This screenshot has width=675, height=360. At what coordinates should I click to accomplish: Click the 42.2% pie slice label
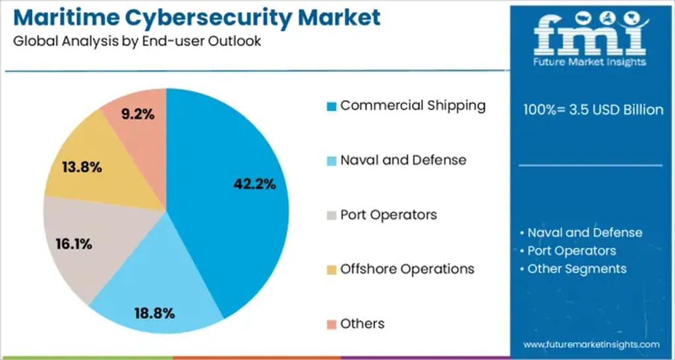(x=254, y=185)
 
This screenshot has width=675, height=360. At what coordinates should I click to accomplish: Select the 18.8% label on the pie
(x=155, y=313)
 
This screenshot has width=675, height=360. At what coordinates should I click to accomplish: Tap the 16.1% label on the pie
(x=73, y=244)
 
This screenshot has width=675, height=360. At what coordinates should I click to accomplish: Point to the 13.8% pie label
(x=82, y=167)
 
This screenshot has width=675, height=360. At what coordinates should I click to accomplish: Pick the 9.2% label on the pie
(x=138, y=114)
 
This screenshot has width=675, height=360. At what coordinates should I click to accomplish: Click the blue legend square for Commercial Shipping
(x=332, y=106)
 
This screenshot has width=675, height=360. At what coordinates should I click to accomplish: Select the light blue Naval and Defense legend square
(x=332, y=161)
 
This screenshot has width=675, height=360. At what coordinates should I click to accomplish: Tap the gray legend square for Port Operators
(x=332, y=216)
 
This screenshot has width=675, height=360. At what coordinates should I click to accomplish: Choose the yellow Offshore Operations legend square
(x=332, y=270)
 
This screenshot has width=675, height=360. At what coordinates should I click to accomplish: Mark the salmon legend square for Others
(x=332, y=324)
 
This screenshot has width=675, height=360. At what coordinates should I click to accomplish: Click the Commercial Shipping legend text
(x=413, y=105)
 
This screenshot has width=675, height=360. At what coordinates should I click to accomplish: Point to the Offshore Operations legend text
(x=407, y=269)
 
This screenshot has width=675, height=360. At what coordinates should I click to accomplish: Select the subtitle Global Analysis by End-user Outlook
(x=136, y=41)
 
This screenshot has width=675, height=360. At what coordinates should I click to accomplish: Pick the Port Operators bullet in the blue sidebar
(x=568, y=251)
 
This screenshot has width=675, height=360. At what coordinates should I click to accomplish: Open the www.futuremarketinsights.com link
(x=591, y=345)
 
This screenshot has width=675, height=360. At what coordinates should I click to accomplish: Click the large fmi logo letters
(x=591, y=34)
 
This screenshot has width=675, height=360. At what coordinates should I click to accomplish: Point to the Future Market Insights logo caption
(x=591, y=62)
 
